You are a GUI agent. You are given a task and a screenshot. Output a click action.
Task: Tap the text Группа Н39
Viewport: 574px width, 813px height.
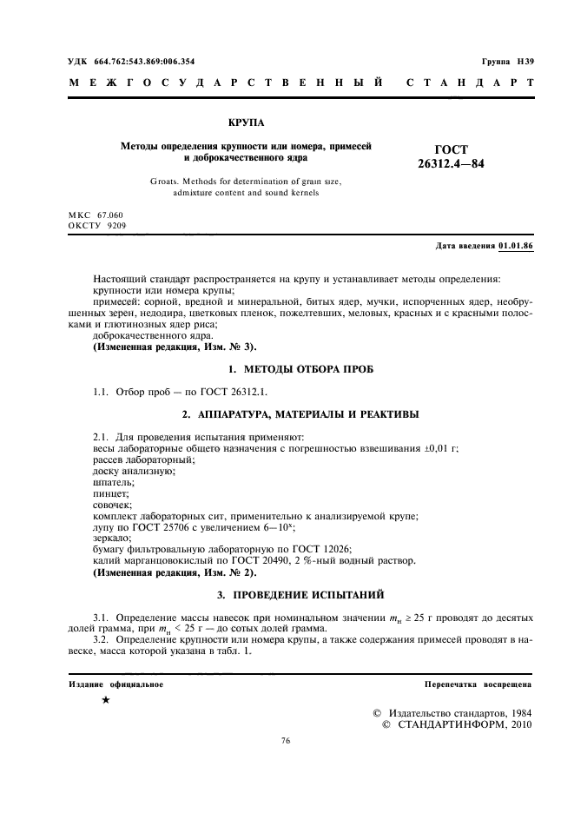507,62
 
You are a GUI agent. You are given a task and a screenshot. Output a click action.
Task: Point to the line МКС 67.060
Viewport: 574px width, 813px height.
96,214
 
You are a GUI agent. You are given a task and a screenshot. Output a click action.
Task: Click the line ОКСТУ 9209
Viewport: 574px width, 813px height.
96,225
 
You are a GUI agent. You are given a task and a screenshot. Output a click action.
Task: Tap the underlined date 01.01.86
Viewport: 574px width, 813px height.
516,246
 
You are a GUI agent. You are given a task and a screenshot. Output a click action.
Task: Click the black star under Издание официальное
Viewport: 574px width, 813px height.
105,700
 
